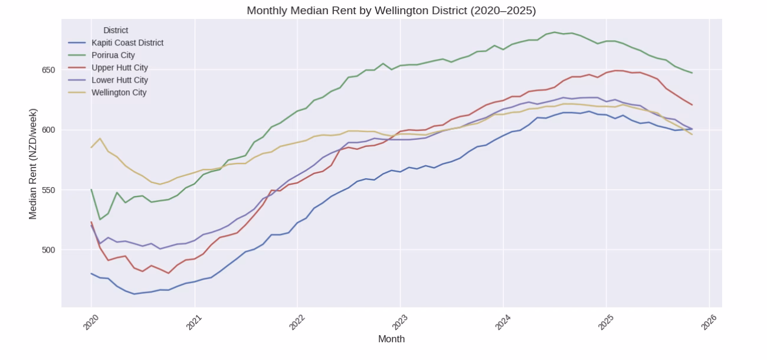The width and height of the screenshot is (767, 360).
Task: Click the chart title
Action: coord(391,11)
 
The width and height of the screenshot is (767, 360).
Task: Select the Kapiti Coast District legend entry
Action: coord(127,43)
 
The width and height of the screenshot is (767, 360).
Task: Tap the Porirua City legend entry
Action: coord(113,55)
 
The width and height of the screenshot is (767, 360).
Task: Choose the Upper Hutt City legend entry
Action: coord(120,68)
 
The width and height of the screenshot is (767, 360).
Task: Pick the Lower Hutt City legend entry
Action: coord(120,80)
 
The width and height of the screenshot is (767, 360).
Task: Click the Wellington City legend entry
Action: coord(119,93)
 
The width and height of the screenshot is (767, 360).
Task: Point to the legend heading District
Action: coord(116,30)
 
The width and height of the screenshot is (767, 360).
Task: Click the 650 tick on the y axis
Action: coord(48,70)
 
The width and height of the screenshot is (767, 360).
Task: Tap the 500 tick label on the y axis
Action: coord(48,250)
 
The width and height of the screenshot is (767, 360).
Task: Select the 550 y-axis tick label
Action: coord(48,190)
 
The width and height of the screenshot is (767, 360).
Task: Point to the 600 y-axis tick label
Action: coord(48,130)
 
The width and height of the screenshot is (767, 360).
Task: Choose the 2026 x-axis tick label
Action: coord(709,322)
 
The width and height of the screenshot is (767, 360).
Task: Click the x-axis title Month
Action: coord(391,339)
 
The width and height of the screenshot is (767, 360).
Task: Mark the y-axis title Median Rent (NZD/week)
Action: coord(33,163)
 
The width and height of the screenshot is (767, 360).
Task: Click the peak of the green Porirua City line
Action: coord(555,32)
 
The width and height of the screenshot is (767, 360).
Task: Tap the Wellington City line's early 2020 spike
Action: coord(100,138)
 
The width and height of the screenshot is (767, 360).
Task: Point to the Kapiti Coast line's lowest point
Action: coord(134,294)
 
